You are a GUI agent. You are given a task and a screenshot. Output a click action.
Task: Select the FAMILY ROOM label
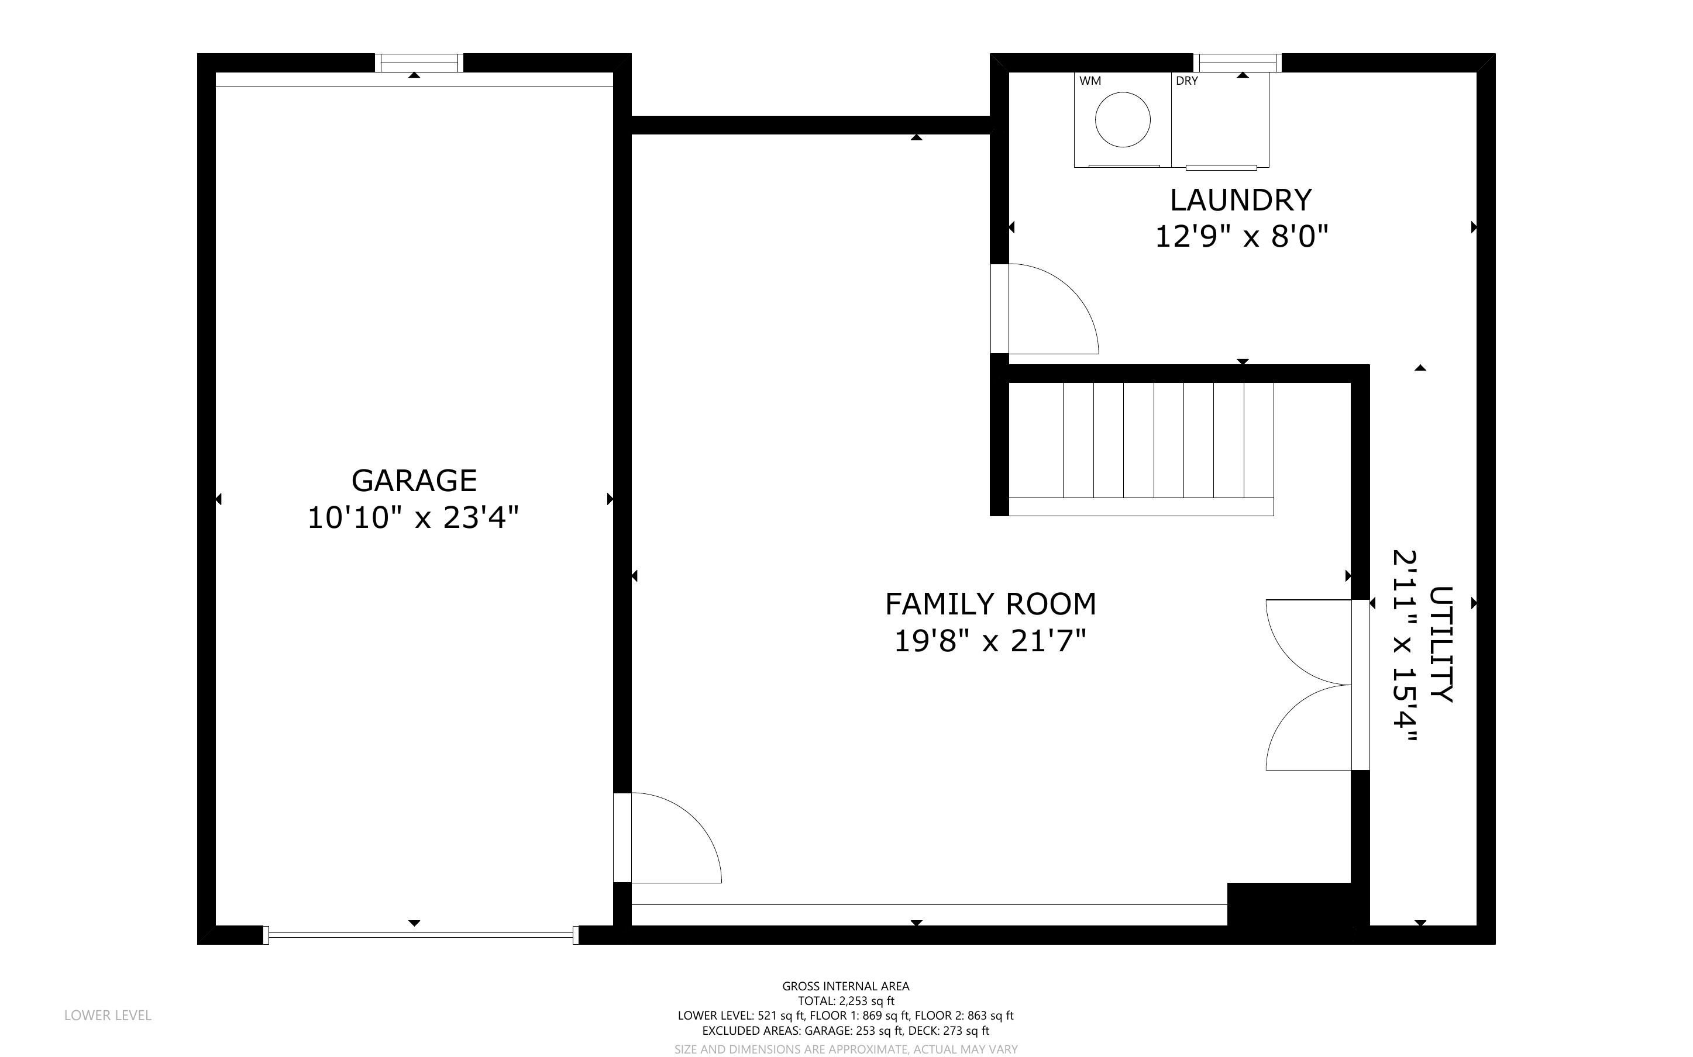tap(990, 604)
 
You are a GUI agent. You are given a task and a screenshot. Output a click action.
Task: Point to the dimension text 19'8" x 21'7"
tap(990, 640)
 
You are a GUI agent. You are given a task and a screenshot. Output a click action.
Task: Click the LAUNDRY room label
tap(1241, 201)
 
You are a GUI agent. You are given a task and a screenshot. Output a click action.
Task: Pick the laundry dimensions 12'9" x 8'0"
tap(1241, 236)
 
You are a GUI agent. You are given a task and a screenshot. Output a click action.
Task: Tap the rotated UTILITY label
tap(1441, 644)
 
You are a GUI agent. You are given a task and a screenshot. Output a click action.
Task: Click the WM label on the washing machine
tap(1090, 81)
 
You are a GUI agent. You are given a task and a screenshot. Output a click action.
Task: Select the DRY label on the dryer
tap(1187, 81)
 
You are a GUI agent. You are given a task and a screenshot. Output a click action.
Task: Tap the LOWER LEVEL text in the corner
tap(108, 1015)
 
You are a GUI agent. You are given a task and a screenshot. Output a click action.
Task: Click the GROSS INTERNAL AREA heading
tap(845, 986)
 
